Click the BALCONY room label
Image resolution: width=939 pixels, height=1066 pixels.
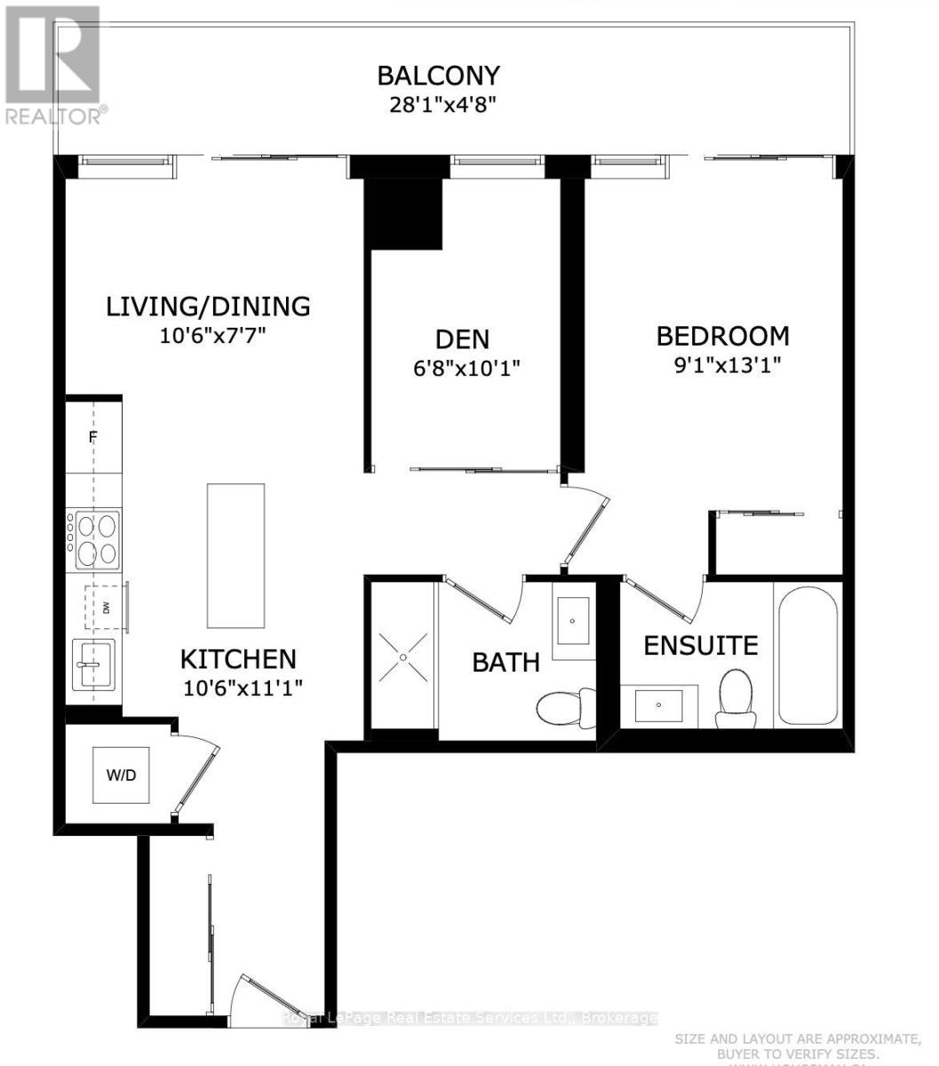tap(438, 75)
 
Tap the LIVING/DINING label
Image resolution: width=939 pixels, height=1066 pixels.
tap(208, 306)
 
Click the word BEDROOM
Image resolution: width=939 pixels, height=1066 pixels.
tap(722, 336)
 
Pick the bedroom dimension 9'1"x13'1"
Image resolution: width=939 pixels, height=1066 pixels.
tap(722, 365)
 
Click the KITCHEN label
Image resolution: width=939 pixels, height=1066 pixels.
tap(238, 658)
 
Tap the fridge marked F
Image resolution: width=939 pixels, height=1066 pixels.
tap(92, 437)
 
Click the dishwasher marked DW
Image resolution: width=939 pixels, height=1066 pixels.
tap(106, 608)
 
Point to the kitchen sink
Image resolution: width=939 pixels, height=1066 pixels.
tap(93, 664)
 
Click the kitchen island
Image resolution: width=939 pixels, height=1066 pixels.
tap(235, 555)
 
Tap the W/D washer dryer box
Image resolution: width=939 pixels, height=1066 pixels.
tap(122, 775)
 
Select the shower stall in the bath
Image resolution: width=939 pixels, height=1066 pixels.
tap(403, 656)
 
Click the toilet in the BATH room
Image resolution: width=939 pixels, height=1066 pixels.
tap(565, 707)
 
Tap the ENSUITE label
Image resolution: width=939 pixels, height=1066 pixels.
tap(701, 645)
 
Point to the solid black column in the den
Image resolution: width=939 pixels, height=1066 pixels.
tap(405, 211)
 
